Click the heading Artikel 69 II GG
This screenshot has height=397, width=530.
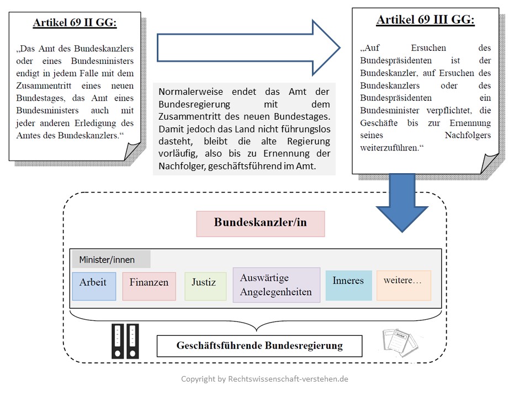[x=75, y=23]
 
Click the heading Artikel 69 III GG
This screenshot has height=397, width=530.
[x=426, y=20]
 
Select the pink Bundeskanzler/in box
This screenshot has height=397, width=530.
[x=261, y=224]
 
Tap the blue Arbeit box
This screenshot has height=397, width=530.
[x=94, y=286]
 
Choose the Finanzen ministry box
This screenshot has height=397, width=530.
[x=149, y=286]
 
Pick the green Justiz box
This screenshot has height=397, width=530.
[x=205, y=286]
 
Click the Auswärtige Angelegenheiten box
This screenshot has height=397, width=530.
[x=277, y=285]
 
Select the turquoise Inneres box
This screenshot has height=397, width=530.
[x=349, y=285]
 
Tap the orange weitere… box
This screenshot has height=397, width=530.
[x=404, y=285]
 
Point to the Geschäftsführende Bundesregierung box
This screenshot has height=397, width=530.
[x=259, y=346]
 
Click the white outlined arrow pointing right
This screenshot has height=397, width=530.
[x=248, y=47]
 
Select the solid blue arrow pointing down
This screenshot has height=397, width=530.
[x=402, y=202]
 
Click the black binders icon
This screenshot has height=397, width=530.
[x=125, y=341]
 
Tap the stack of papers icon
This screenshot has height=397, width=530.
[x=401, y=342]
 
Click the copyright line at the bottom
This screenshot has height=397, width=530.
[x=264, y=379]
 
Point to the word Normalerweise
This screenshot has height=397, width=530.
[x=190, y=92]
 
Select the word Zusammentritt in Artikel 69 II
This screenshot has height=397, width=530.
[x=44, y=86]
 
